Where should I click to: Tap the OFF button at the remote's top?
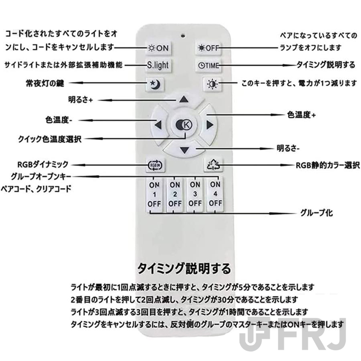coord(208,48)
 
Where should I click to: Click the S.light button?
coord(158,65)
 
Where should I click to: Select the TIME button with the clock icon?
coord(208,65)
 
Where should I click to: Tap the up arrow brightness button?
coord(184,99)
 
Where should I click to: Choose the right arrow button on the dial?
coord(208,125)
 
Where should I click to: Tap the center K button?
coord(184,125)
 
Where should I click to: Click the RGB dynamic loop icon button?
coord(156,165)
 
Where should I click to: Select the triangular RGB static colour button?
coord(213,165)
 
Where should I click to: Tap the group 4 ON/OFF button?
coord(215,194)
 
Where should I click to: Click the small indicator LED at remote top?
coord(183,36)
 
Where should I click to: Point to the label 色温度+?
coord(301,115)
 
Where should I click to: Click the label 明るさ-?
coord(288,148)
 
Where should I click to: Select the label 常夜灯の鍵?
coord(45,83)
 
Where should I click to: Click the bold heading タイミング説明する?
coord(184,268)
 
